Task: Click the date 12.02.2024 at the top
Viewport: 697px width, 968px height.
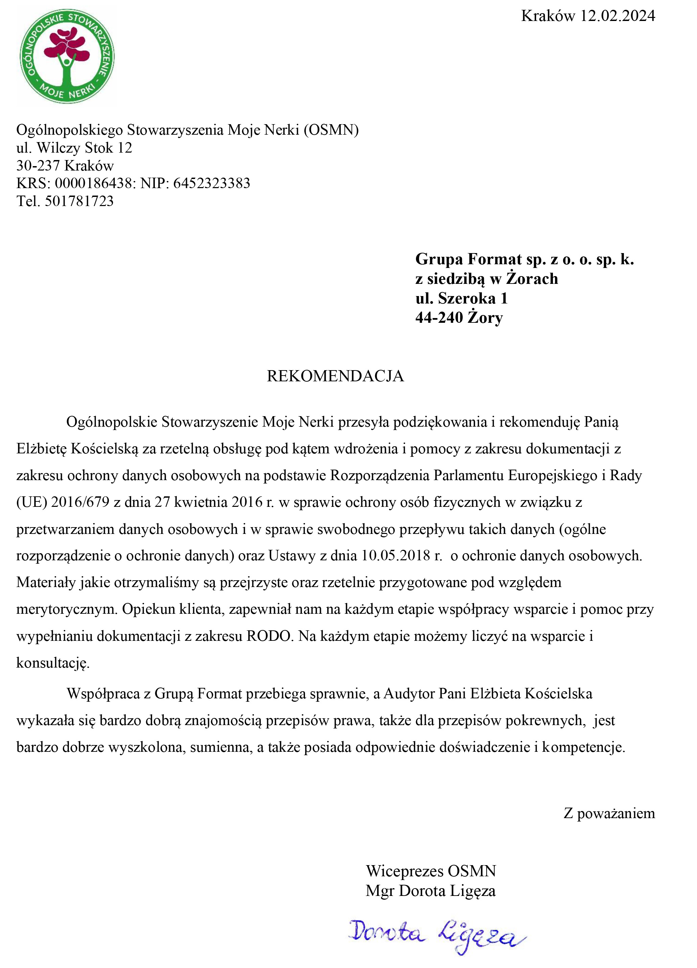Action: pos(618,16)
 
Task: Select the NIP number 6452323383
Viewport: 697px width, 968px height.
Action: pos(212,183)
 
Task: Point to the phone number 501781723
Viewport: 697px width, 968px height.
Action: pos(79,201)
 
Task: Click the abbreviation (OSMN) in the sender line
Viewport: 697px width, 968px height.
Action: pos(331,130)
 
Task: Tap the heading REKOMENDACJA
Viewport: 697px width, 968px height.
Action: pos(335,376)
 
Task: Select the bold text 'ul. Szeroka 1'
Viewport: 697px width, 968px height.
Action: pos(462,298)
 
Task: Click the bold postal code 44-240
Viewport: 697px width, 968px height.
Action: pos(439,318)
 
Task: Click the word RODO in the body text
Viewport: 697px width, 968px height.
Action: pos(268,636)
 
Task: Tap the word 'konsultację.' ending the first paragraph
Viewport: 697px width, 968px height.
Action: pos(53,663)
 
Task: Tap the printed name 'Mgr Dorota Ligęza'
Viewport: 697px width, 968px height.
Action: pos(431,891)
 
